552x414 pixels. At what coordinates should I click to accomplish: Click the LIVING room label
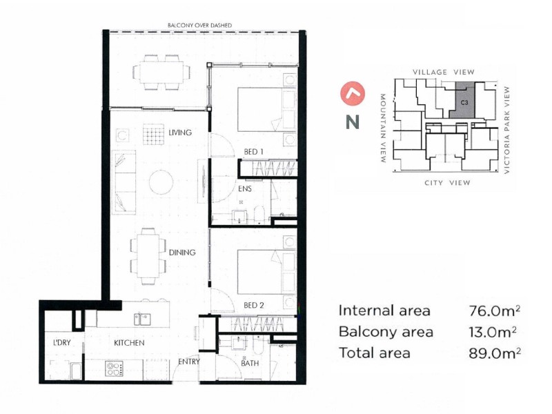point(179,132)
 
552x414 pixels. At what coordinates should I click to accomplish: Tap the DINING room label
point(181,253)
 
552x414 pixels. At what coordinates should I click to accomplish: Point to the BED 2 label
point(253,305)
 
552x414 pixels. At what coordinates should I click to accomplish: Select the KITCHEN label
point(129,343)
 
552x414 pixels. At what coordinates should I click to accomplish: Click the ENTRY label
point(188,362)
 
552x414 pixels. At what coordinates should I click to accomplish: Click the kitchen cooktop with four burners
point(114,368)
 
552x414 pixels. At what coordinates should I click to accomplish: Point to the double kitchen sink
point(144,319)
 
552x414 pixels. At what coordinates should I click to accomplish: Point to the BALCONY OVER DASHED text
point(199,26)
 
